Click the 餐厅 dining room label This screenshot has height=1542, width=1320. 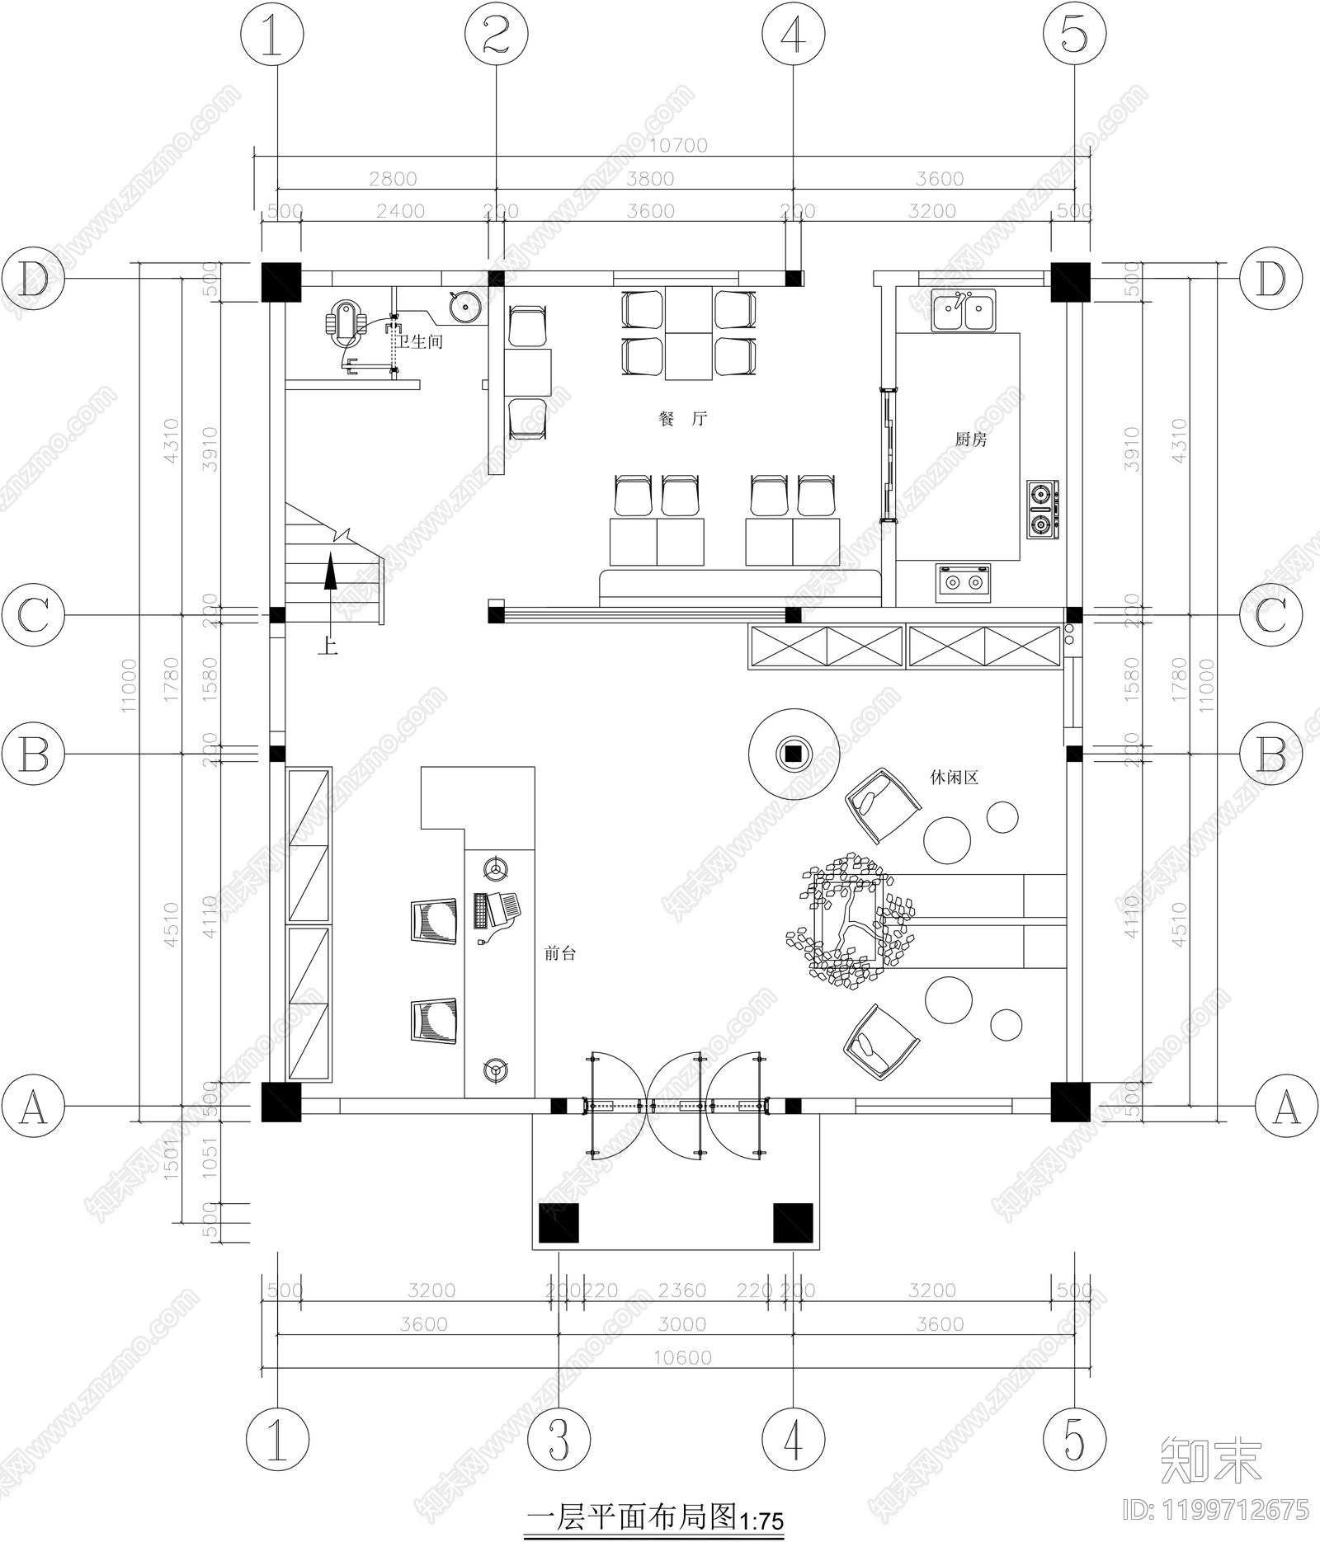click(683, 419)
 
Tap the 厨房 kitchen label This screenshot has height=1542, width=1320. click(971, 440)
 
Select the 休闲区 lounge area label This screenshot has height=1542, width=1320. click(954, 778)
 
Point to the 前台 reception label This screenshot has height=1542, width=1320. click(560, 954)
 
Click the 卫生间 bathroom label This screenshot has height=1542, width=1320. click(421, 341)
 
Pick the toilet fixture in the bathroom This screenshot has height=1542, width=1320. click(347, 323)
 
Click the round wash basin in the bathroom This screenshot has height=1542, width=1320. click(465, 308)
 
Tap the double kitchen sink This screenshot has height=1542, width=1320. click(963, 311)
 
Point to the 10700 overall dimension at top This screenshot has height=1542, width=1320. click(678, 145)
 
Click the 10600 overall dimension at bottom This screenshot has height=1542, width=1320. click(682, 1357)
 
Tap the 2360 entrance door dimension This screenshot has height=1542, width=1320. click(682, 1290)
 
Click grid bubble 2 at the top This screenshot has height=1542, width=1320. click(496, 36)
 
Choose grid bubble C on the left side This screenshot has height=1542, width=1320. click(33, 615)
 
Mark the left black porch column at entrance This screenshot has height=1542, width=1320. click(559, 1223)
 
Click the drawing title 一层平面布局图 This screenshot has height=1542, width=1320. click(631, 1515)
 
